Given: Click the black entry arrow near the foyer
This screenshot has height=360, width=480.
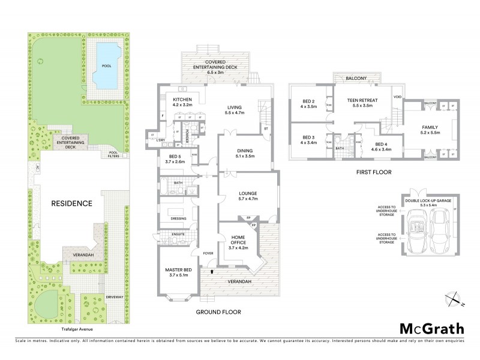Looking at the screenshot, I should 211,272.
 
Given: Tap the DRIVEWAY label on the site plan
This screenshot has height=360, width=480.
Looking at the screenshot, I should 114,296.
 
